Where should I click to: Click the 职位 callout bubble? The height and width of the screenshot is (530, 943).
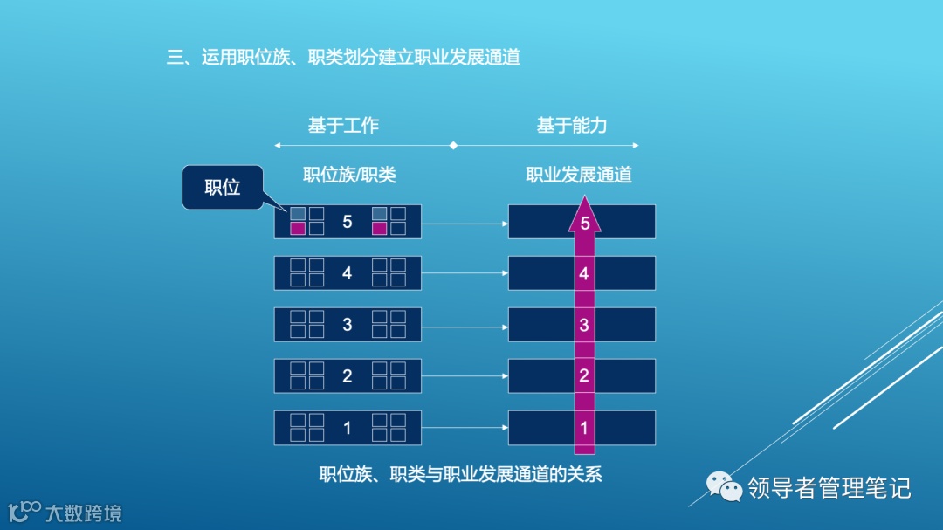(x=222, y=187)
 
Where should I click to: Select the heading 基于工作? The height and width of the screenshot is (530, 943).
(x=343, y=126)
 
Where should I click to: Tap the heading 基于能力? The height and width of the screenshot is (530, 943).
(x=572, y=126)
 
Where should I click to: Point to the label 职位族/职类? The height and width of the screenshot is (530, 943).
(x=349, y=175)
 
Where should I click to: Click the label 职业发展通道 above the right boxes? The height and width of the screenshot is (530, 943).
(x=579, y=175)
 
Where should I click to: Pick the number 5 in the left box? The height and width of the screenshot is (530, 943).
(x=348, y=222)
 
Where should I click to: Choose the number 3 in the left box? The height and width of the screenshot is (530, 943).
(x=348, y=325)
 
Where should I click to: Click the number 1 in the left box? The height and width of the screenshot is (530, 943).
(x=348, y=428)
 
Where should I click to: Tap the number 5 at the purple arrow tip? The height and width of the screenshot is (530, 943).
(x=585, y=224)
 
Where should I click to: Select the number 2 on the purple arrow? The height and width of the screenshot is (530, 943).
(x=584, y=376)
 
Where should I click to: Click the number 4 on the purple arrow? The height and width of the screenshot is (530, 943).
(x=584, y=274)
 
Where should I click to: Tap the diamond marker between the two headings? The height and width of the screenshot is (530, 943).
(x=452, y=145)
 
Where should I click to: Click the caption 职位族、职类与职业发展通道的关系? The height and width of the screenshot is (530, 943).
(x=460, y=475)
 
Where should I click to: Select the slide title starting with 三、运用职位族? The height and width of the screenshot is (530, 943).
(x=343, y=58)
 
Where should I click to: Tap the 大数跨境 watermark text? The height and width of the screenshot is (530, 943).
(x=83, y=513)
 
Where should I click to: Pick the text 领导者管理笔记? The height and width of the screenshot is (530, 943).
(x=829, y=487)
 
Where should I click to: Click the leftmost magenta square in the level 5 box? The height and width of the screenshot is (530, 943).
(x=298, y=229)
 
